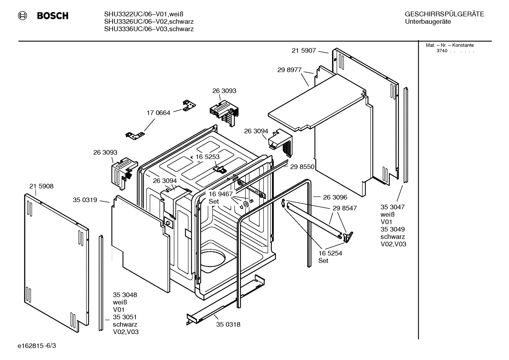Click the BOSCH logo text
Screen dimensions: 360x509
point(52,16)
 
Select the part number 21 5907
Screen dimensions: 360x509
point(304,51)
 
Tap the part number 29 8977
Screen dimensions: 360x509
point(289,70)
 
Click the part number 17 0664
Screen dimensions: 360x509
point(158,113)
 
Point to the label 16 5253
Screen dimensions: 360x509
point(207,157)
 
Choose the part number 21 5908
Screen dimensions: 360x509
point(41,186)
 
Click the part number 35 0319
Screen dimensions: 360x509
point(85,200)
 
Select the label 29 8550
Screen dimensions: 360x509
point(302,167)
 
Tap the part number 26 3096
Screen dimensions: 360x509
point(335,197)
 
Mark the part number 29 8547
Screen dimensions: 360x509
point(345,208)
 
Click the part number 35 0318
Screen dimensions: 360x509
point(228,324)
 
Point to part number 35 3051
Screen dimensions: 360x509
point(125,317)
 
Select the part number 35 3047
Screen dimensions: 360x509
point(392,207)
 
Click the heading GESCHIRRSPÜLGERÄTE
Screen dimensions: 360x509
point(444,14)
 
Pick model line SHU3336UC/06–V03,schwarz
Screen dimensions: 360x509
point(149,29)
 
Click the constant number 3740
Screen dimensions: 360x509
point(442,51)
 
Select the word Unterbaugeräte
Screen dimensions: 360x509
point(428,22)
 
